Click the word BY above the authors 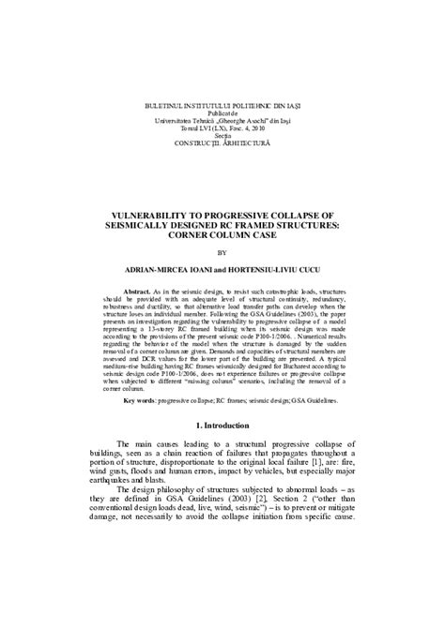pyautogui.click(x=222, y=251)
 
